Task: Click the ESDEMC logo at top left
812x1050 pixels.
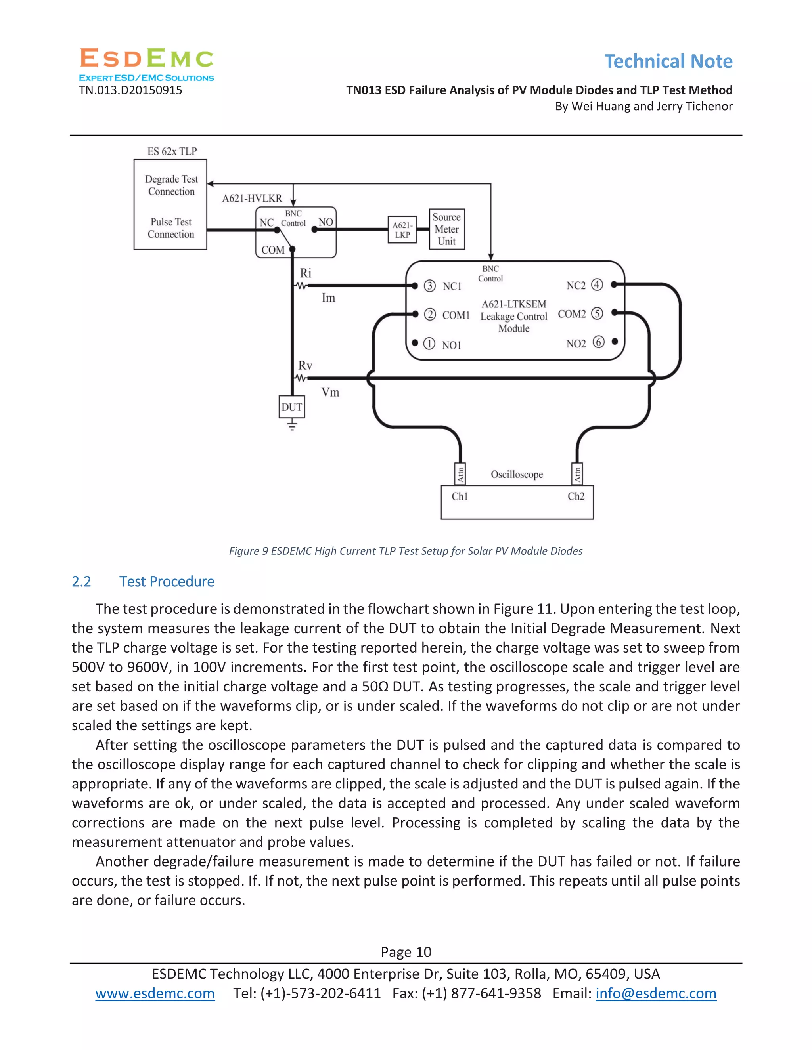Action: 146,64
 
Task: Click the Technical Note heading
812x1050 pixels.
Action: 668,61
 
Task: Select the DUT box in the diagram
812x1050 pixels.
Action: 291,407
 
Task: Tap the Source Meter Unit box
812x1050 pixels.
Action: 446,229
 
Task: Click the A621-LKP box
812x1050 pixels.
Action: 402,230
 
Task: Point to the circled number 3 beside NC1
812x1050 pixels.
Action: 429,286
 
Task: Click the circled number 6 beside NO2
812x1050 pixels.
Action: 598,342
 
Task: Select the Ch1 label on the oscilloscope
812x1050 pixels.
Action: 460,496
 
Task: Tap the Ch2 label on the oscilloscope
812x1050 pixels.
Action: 576,496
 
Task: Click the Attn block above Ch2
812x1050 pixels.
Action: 577,474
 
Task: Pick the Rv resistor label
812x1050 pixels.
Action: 305,365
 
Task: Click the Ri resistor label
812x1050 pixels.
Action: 305,273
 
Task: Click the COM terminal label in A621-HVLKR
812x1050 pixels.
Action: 273,250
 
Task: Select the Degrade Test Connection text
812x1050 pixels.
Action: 171,185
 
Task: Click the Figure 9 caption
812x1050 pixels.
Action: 406,551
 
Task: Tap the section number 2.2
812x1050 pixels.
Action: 81,582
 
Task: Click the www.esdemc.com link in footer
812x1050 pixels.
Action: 155,993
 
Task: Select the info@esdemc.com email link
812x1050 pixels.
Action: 656,993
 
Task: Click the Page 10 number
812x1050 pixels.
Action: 406,952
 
